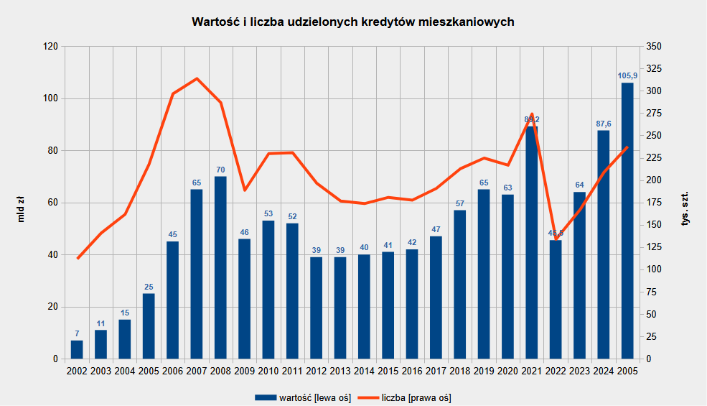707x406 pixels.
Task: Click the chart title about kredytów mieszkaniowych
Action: [353, 22]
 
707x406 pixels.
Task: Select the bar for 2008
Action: [220, 267]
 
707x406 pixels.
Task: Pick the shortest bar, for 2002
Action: [77, 350]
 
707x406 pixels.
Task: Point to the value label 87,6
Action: [604, 124]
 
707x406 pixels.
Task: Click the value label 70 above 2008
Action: [220, 170]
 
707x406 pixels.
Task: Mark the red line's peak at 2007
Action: [197, 78]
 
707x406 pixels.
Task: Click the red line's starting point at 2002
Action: [77, 258]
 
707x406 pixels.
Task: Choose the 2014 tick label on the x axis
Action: [364, 372]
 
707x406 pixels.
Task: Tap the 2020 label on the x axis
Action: [507, 372]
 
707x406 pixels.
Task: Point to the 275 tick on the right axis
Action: [655, 114]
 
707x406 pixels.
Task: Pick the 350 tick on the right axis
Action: [655, 47]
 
